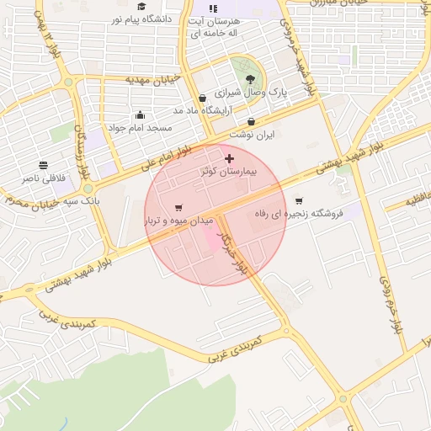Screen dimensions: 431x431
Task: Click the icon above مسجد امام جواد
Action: [140, 115]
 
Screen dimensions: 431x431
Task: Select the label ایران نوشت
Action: [253, 134]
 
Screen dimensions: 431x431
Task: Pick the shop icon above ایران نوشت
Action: [252, 122]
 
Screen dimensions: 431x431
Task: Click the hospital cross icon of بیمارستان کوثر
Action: [229, 158]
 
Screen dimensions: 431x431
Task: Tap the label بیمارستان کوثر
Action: [229, 171]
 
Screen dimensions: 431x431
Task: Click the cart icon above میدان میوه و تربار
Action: [178, 208]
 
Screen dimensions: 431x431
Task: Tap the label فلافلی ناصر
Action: [42, 178]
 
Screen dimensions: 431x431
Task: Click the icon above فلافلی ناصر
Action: [43, 165]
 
